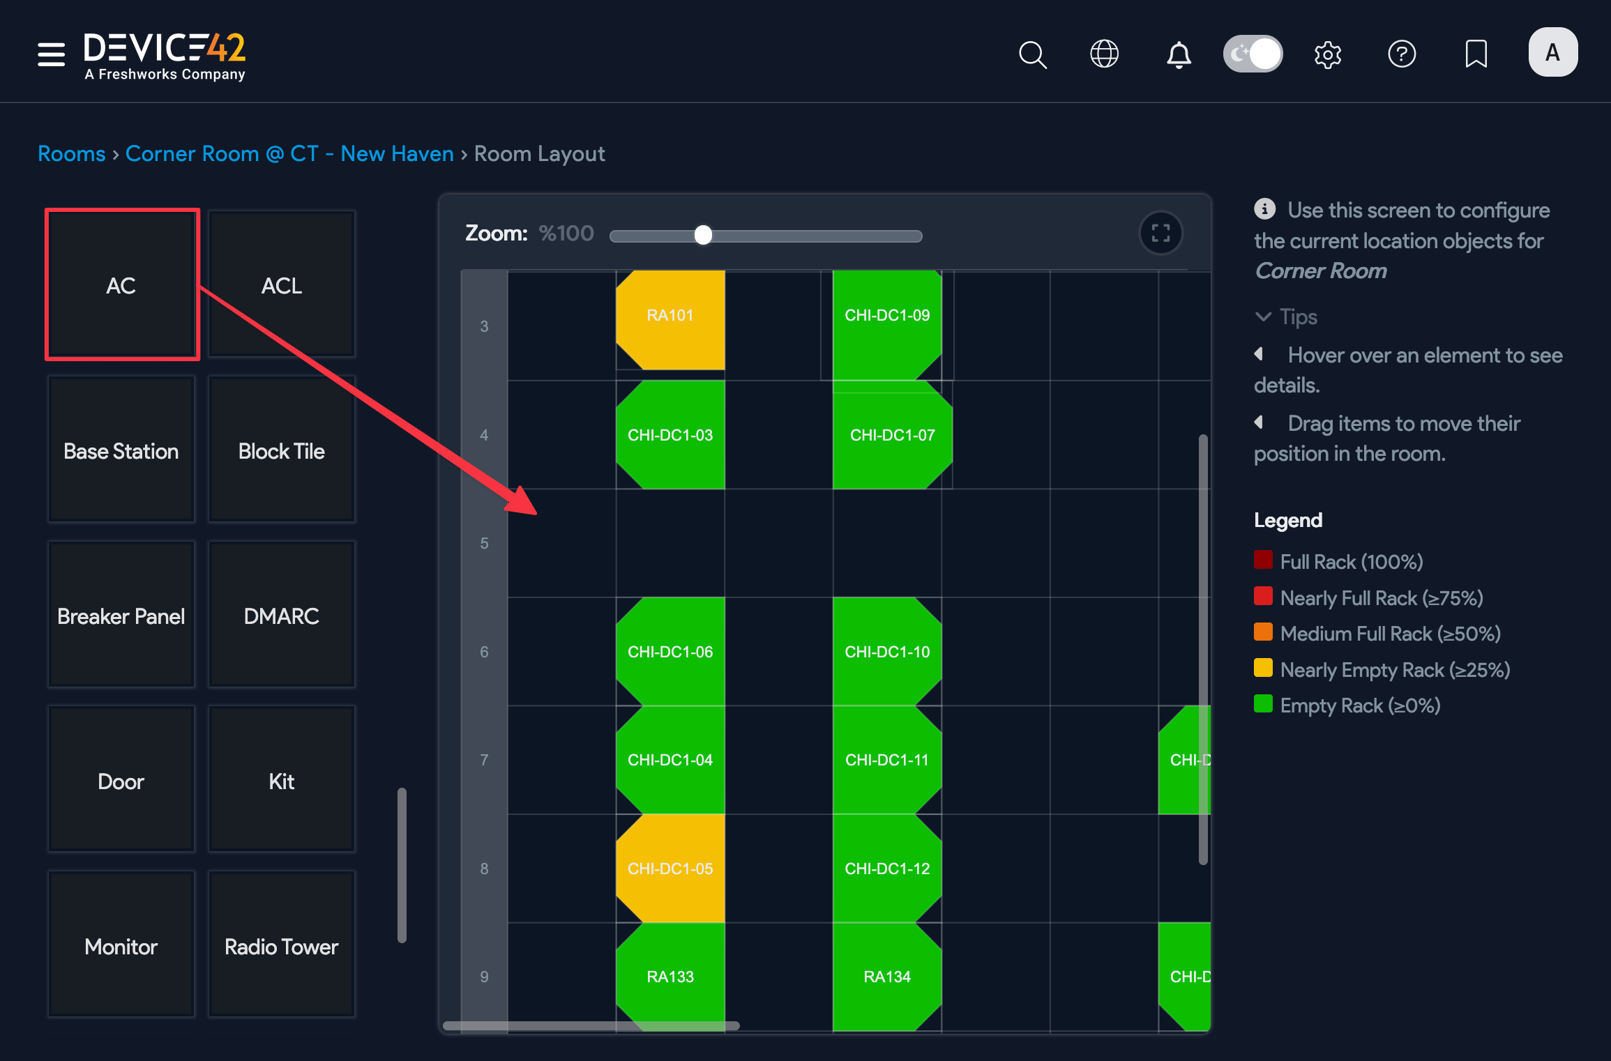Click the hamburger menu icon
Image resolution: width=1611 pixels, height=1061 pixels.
[x=51, y=54]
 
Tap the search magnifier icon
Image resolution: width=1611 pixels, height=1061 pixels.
[x=1032, y=54]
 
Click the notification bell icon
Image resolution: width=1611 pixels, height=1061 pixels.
[x=1179, y=54]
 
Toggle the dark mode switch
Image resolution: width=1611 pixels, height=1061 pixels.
[x=1253, y=54]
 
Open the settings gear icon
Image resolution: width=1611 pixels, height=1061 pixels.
[x=1328, y=54]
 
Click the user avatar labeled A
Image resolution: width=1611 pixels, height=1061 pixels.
[x=1552, y=52]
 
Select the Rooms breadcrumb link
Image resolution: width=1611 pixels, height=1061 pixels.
[x=71, y=153]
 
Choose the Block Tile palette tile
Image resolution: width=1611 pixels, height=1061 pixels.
[x=282, y=450]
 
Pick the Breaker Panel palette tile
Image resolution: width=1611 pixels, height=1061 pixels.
[x=121, y=616]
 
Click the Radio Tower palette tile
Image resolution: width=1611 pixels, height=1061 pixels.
[x=282, y=946]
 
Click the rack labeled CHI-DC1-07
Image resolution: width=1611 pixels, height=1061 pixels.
[x=892, y=435]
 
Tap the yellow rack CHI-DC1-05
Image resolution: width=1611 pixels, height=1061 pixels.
[x=670, y=869]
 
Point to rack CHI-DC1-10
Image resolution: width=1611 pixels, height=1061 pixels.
[x=887, y=652]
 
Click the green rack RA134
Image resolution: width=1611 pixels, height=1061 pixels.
[x=887, y=976]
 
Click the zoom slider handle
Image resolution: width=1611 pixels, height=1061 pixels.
[x=703, y=235]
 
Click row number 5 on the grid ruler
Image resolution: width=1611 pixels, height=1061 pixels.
[x=484, y=543]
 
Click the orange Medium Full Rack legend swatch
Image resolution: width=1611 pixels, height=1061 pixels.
[x=1263, y=632]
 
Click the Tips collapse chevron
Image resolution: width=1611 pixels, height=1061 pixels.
[x=1263, y=316]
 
